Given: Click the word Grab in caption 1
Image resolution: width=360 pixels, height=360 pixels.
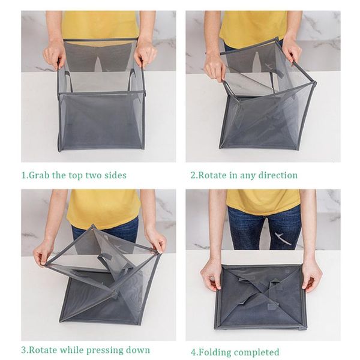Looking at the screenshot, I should coord(39,176).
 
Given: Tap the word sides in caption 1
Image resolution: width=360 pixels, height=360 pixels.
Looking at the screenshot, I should coord(114,176).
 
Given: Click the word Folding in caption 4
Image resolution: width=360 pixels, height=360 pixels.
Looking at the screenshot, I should coord(214,352).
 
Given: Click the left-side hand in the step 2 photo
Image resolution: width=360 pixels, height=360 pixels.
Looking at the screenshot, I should coord(215,66).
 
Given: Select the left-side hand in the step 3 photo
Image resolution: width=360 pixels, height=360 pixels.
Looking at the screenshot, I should coord(43,252).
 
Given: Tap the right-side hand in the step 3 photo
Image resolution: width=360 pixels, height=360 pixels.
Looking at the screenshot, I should coord(156,241).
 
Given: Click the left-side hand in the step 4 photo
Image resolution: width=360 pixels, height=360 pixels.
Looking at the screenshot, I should coord(211,274).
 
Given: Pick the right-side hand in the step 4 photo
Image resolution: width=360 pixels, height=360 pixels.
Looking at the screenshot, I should coord(311,274).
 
